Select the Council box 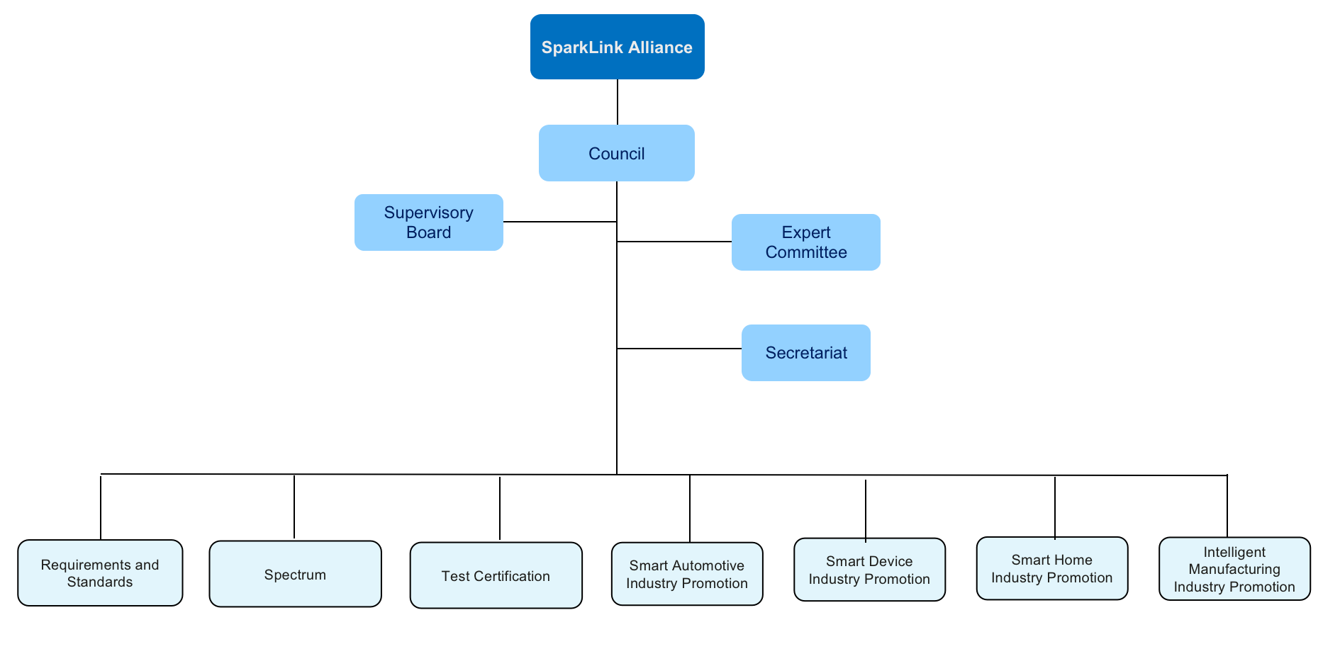point(616,153)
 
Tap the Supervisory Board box point(428,222)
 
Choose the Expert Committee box point(805,242)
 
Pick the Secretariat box point(805,352)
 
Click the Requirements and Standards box point(100,572)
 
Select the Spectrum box point(295,574)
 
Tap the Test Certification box point(496,575)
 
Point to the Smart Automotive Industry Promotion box point(686,574)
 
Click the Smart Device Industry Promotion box point(869,570)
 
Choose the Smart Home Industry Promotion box point(1051,568)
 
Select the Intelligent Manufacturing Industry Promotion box point(1234,568)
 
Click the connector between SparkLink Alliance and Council point(618,102)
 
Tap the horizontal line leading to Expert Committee point(674,242)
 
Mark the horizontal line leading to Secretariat point(679,349)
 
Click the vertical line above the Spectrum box point(294,507)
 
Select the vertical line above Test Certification point(500,508)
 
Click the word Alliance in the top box point(659,47)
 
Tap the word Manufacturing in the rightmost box point(1234,569)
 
